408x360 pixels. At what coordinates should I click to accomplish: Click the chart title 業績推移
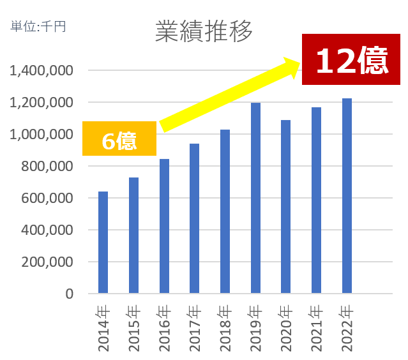[204, 31]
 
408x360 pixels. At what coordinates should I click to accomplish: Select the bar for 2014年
[103, 243]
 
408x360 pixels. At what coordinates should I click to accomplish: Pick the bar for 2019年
[255, 198]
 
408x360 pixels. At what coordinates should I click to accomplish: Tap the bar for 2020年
[286, 207]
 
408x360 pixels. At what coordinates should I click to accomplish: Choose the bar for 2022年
[347, 196]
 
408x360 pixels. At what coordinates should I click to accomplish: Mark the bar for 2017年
[195, 218]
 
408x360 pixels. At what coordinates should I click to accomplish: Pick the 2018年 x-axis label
[225, 328]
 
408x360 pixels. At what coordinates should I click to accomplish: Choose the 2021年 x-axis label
[317, 328]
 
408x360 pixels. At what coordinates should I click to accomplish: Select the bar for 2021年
[316, 200]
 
